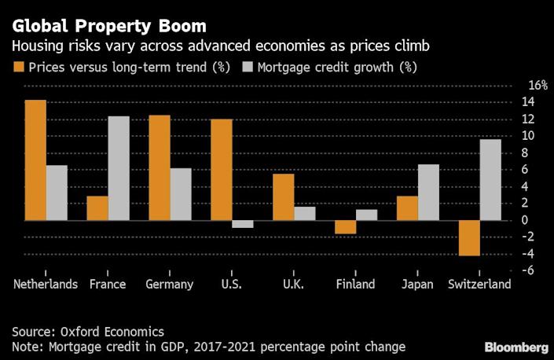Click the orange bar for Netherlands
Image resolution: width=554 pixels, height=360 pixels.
pos(35,160)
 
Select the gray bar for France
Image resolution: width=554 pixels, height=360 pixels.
pos(119,168)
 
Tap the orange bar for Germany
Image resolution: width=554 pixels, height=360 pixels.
pos(160,167)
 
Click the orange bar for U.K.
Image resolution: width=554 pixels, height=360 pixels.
pos(284,197)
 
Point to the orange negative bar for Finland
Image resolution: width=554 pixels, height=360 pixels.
pos(346,227)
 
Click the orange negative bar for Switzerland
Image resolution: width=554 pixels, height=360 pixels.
pos(470,238)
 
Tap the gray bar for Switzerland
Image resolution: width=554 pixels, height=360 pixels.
pos(490,179)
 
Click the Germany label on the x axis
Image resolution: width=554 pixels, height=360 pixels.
pos(170,285)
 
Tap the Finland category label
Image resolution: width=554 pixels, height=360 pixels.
pos(355,285)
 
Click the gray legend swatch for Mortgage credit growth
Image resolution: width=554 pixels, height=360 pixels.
pos(238,67)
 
